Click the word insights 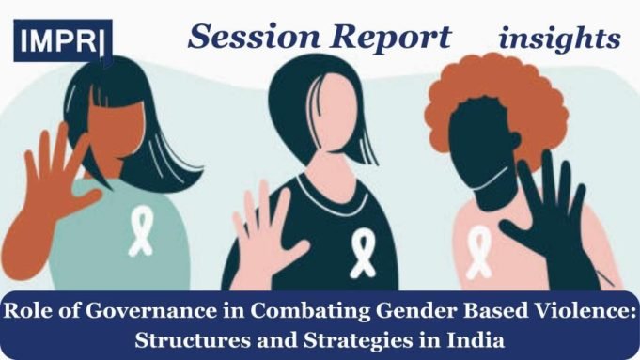pos(559,39)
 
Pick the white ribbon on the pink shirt pos(478,250)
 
